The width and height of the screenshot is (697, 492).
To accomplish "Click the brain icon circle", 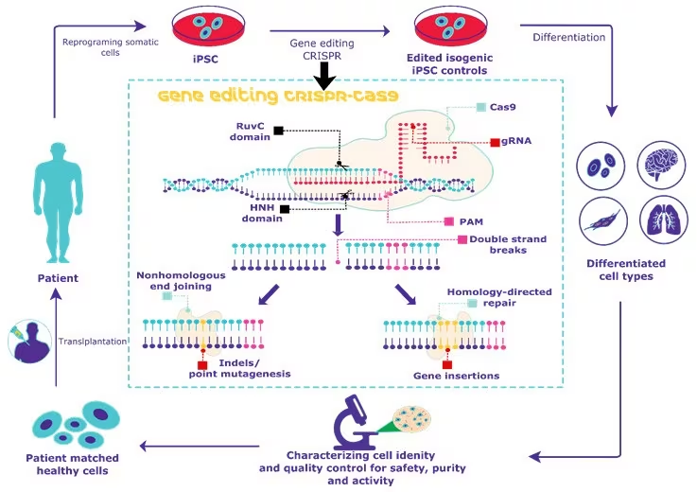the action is click(662, 165).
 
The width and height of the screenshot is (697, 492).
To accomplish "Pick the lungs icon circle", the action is click(663, 220).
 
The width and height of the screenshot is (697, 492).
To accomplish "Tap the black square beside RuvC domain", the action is click(279, 131).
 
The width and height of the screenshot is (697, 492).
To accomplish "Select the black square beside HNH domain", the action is click(285, 209).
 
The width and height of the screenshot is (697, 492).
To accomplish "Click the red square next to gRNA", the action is click(495, 142).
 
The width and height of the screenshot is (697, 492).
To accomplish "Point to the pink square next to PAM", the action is click(449, 221).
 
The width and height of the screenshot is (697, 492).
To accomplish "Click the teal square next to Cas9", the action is click(481, 107).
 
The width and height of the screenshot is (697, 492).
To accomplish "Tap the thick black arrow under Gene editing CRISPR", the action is click(325, 76).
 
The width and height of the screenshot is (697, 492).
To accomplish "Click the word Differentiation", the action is click(569, 37).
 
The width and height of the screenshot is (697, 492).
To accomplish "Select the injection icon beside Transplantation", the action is click(29, 342).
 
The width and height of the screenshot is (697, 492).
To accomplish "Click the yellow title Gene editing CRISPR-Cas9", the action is click(278, 97).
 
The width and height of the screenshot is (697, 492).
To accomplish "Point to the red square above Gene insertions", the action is click(447, 365).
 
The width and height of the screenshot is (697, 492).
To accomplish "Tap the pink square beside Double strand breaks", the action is click(462, 239).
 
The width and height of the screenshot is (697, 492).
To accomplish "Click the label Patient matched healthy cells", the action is click(73, 465).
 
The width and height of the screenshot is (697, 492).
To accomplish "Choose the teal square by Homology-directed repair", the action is click(472, 303).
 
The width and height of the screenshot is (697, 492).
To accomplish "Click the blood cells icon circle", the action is click(601, 166).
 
